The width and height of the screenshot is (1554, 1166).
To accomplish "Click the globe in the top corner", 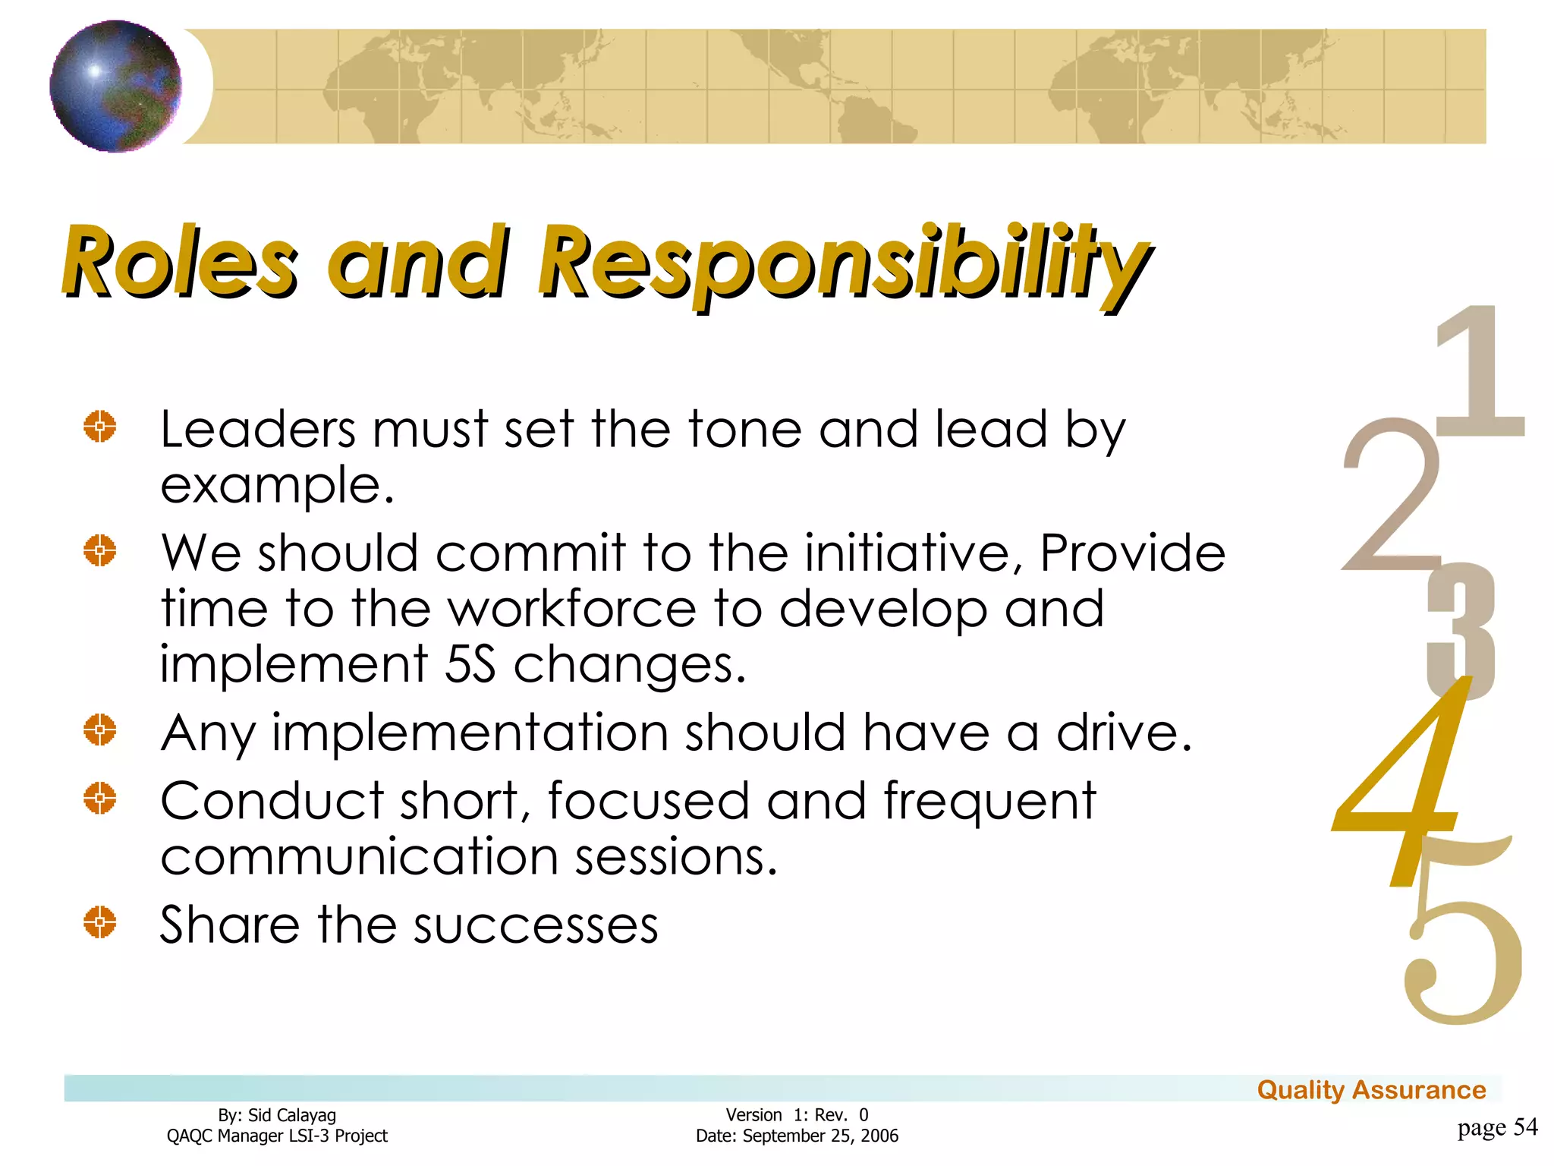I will (x=115, y=86).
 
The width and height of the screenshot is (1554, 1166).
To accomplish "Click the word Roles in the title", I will (x=181, y=261).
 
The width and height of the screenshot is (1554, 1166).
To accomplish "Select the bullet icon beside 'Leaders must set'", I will (x=100, y=426).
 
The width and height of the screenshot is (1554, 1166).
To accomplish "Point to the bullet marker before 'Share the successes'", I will (x=100, y=922).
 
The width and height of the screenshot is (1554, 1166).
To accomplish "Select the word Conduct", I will (x=272, y=802).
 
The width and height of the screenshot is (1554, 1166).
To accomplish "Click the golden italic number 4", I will (x=1404, y=782).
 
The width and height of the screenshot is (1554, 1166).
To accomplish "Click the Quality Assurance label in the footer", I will (x=1371, y=1090).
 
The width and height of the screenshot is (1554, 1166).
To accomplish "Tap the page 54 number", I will (x=1497, y=1127).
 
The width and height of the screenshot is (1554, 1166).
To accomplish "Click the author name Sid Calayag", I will (x=292, y=1115).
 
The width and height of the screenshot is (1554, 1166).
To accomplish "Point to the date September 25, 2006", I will (x=820, y=1136).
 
